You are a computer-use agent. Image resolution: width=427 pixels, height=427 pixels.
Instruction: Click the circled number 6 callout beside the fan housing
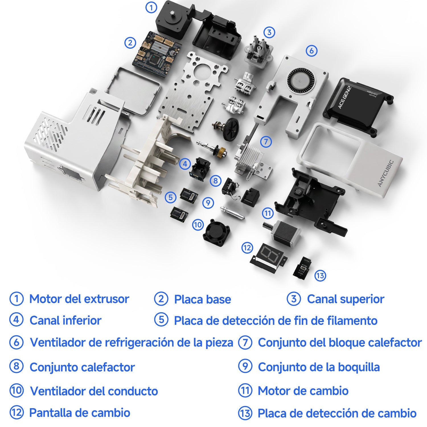(311, 51)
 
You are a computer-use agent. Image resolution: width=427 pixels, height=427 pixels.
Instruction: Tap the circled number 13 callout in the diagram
(320, 276)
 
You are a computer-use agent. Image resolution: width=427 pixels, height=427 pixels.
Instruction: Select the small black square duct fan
(217, 233)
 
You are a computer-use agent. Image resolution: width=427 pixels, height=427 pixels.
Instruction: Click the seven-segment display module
(269, 258)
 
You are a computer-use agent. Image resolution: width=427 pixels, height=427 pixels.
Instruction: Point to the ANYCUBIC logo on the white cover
(386, 174)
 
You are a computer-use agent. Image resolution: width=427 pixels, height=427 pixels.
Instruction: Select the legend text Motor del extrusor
(79, 299)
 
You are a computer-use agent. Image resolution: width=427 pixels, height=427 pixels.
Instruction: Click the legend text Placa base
(202, 299)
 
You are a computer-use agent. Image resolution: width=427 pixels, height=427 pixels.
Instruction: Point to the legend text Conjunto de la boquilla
(319, 367)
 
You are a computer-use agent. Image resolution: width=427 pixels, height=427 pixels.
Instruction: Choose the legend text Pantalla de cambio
(80, 413)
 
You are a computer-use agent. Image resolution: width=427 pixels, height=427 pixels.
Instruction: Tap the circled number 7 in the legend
(245, 342)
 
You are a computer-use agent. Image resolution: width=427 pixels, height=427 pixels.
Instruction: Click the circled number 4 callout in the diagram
(185, 164)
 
